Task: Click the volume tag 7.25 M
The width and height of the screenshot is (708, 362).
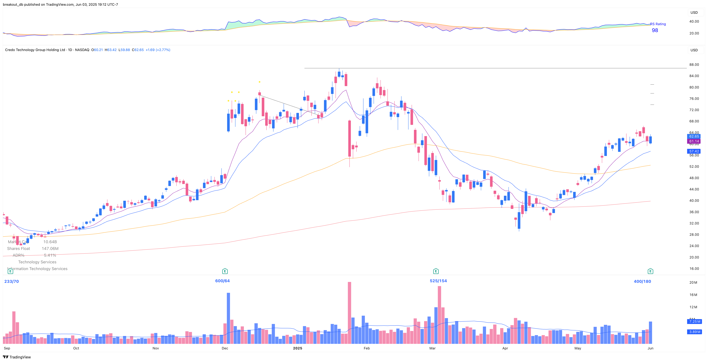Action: (x=695, y=321)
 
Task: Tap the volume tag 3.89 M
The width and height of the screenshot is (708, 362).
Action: (x=695, y=332)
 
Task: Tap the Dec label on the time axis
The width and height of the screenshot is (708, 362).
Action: (x=225, y=348)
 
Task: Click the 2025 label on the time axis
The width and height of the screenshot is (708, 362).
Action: (x=297, y=348)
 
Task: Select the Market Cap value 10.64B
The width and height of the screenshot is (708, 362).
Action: (x=50, y=242)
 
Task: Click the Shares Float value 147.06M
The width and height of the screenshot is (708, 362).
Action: (x=50, y=249)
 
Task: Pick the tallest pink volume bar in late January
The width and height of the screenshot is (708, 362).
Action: (x=349, y=313)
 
